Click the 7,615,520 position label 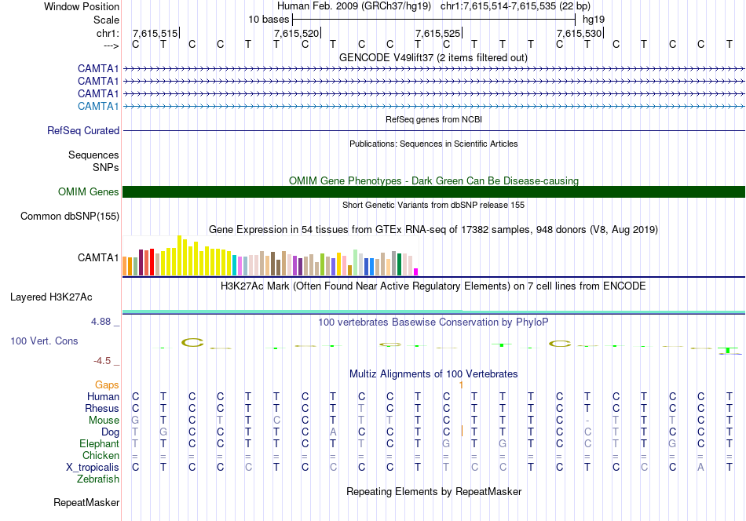[x=297, y=33]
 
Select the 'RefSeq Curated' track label [x=83, y=130]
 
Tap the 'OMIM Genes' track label [x=89, y=191]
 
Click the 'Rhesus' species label [x=102, y=408]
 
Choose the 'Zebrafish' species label [x=97, y=479]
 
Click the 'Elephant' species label [x=98, y=443]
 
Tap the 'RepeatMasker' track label [x=86, y=502]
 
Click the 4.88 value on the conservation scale [x=104, y=322]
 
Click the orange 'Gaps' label [x=108, y=384]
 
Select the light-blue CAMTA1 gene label [x=98, y=106]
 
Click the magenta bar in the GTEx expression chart [x=416, y=271]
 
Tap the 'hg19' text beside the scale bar [x=594, y=19]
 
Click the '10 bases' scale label [x=269, y=19]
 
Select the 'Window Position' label [x=82, y=6]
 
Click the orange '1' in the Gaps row [x=462, y=384]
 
